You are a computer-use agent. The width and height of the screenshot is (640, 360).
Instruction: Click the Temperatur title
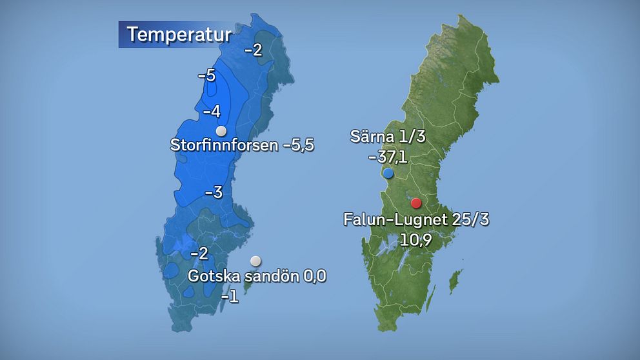click(178, 34)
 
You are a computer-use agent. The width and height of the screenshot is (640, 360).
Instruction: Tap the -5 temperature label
click(206, 75)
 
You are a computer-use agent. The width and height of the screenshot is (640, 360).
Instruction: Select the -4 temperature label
click(212, 112)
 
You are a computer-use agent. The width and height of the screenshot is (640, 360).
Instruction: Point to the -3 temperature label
click(214, 192)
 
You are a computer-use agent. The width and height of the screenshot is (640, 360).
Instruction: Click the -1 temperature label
click(229, 297)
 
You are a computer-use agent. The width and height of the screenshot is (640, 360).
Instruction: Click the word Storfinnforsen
click(224, 145)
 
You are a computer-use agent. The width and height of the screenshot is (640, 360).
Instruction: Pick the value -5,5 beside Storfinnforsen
click(298, 145)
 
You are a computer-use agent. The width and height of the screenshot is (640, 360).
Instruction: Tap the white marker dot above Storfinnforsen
click(221, 131)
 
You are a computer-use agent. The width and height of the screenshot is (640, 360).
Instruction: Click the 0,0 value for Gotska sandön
click(315, 277)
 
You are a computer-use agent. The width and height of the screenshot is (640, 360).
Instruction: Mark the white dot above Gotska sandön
click(256, 261)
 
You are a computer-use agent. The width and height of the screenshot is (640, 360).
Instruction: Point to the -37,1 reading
click(387, 157)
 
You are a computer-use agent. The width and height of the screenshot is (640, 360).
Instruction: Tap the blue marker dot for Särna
click(388, 173)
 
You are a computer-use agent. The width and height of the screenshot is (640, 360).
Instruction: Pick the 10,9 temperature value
click(415, 240)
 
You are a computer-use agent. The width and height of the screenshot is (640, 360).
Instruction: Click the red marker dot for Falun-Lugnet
click(416, 203)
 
